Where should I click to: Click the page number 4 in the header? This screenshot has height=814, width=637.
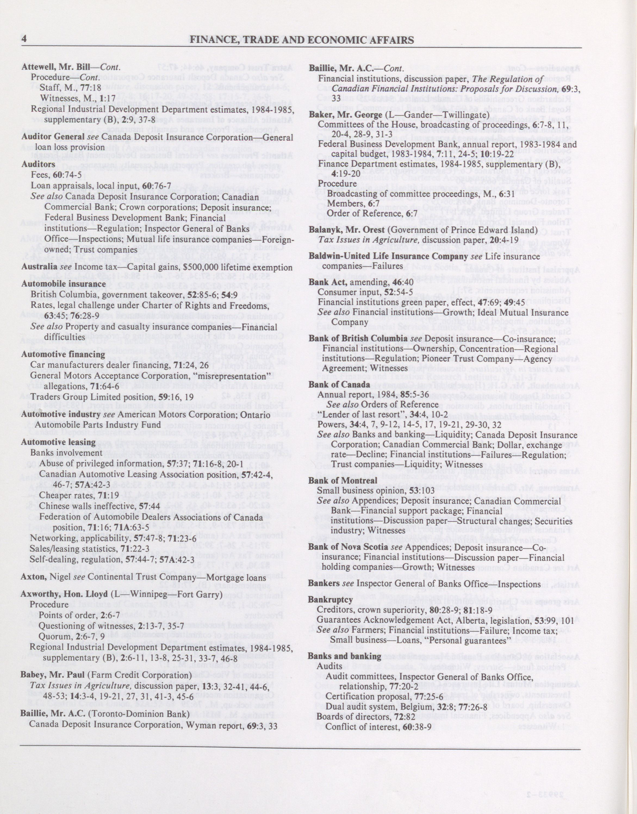[24, 39]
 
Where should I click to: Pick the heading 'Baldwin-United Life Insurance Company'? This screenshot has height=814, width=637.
[388, 257]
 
